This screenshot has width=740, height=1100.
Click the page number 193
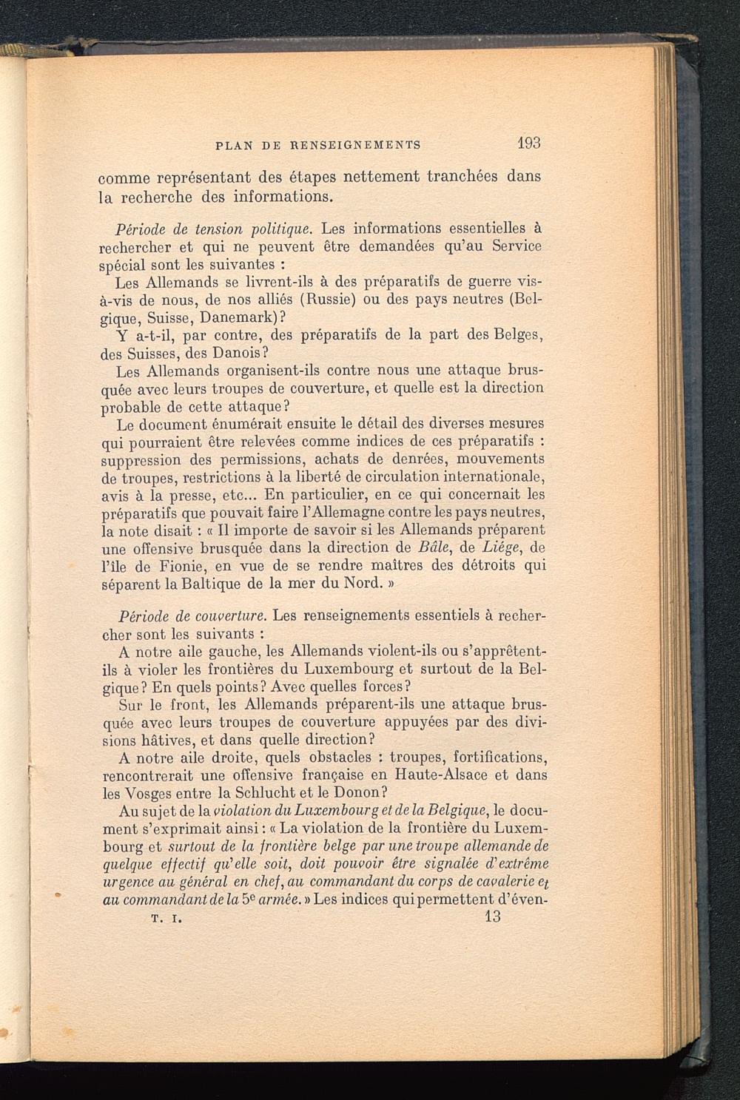coord(529,142)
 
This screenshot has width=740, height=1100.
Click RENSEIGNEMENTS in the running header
coord(349,146)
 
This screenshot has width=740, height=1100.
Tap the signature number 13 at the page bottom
coord(491,917)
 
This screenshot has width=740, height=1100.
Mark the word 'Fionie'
coord(171,566)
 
